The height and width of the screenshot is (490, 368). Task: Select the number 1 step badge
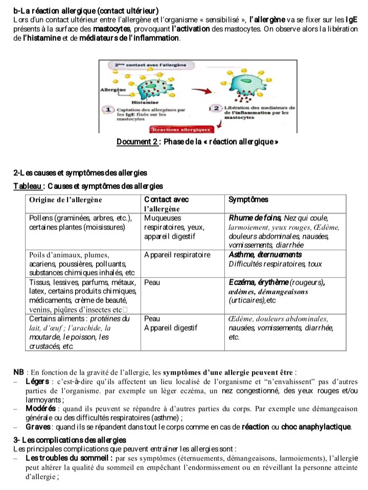(x=108, y=109)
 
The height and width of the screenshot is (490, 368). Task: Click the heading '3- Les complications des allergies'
(x=70, y=440)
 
